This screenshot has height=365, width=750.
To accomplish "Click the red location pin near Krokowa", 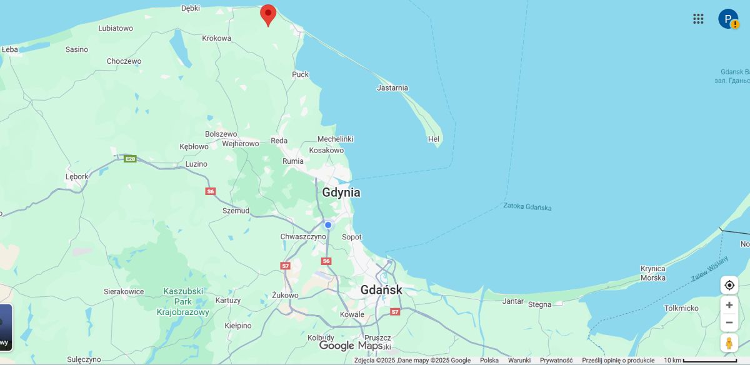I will click(268, 14).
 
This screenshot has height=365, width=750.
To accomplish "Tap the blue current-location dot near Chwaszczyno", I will click(328, 225).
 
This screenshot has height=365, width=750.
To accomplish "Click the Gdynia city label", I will click(341, 192).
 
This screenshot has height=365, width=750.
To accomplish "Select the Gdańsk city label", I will click(381, 290).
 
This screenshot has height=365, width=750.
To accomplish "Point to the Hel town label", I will click(434, 139).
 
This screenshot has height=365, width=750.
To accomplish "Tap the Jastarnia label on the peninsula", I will click(392, 88).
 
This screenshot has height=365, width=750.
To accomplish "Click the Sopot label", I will click(352, 237).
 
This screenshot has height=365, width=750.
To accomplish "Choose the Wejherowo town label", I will click(241, 144).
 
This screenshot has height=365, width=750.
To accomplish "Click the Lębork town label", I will click(77, 177).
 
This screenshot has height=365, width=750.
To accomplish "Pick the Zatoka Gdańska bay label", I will click(527, 206).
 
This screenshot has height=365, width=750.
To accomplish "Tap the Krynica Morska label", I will click(653, 273).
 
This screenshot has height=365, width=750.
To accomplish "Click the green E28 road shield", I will click(130, 159).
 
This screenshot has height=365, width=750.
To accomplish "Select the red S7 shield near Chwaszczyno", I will click(286, 266).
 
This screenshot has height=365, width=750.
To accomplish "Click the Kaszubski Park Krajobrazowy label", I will click(182, 301).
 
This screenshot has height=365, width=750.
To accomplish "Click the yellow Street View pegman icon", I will click(729, 343).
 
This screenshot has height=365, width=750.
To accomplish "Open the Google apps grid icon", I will click(698, 19).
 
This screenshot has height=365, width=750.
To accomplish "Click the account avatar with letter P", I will click(727, 19).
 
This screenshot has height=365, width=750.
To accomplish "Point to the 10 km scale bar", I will click(710, 360).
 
